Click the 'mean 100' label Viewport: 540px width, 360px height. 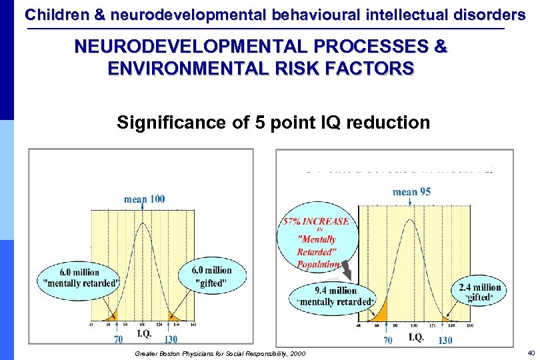145,199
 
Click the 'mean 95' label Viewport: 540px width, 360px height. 411,192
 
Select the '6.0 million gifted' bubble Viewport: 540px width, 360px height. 213,275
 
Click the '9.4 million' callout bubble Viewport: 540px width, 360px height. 334,296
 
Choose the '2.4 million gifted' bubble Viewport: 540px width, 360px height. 479,292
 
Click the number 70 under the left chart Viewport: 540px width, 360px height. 117,339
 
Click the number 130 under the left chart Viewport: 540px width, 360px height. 171,339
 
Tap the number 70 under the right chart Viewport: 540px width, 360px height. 387,340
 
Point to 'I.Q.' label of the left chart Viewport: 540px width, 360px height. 144,333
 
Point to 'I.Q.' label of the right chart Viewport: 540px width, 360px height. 415,337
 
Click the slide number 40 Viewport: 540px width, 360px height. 531,352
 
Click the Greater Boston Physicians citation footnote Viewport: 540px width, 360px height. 220,353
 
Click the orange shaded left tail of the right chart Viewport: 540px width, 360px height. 380,314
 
